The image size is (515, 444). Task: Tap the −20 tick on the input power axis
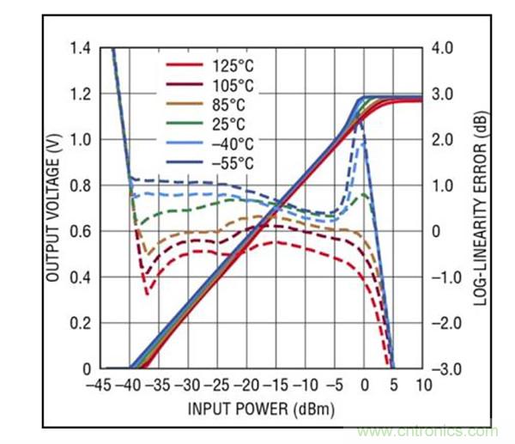click(248, 384)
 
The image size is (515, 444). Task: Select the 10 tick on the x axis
click(421, 384)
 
